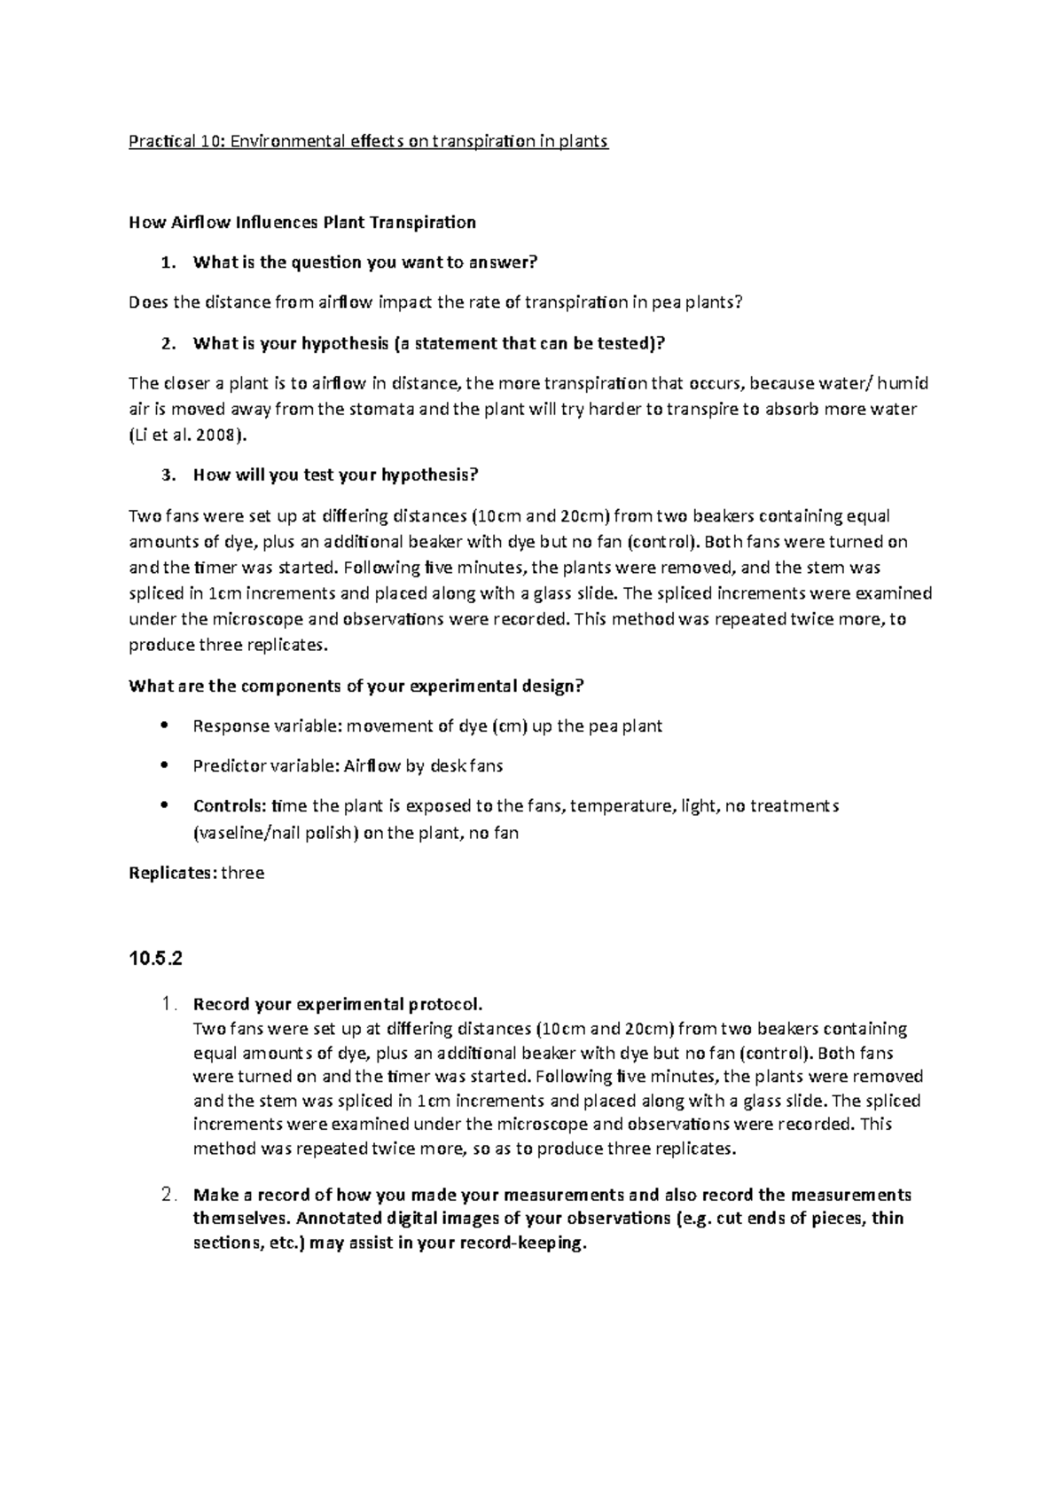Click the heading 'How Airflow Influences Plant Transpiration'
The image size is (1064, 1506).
click(x=302, y=222)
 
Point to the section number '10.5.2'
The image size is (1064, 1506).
click(x=156, y=959)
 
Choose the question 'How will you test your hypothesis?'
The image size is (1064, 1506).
click(x=335, y=475)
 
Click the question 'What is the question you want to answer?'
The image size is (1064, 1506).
click(x=365, y=263)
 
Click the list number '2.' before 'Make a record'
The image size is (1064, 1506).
click(x=172, y=1195)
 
